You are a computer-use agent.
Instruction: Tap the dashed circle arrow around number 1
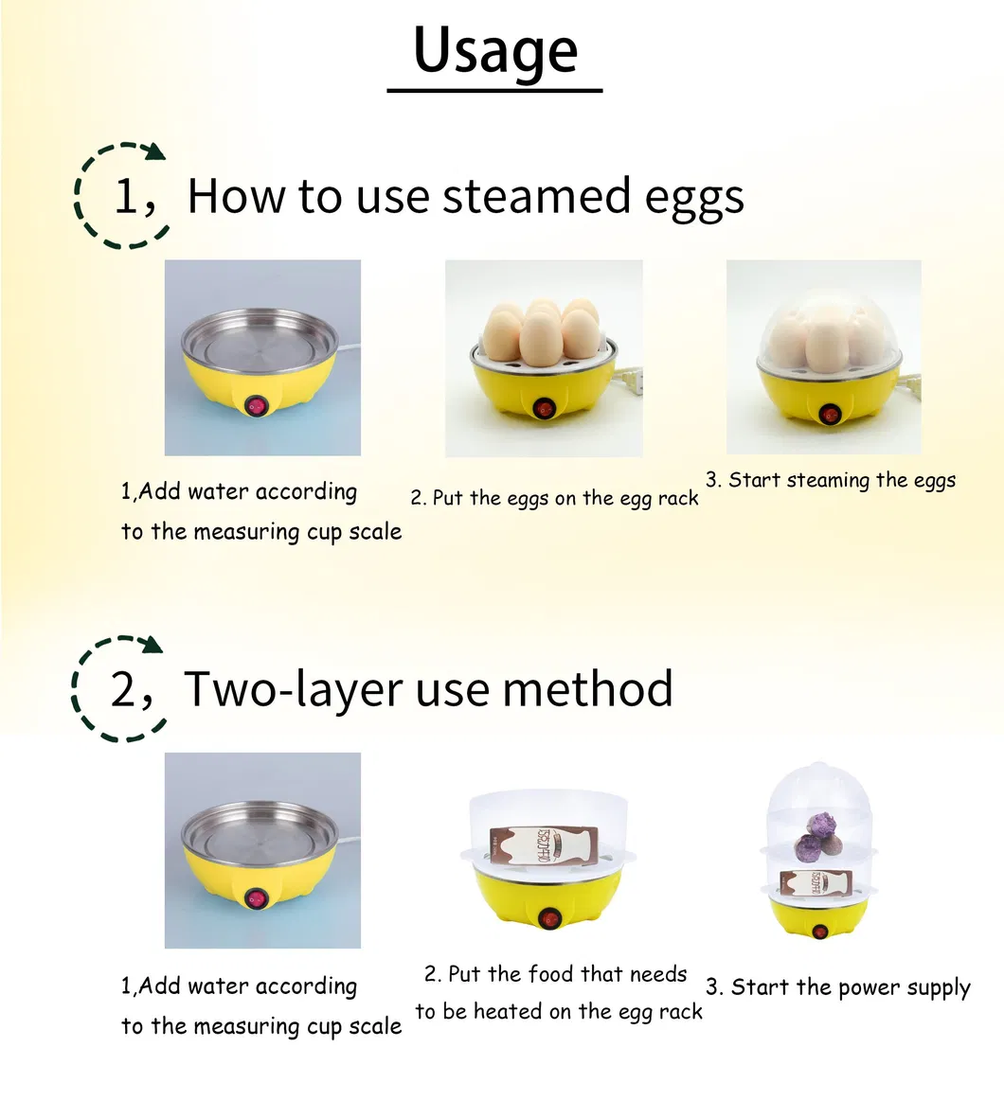[x=122, y=195]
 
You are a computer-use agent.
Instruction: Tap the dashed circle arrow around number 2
[x=119, y=688]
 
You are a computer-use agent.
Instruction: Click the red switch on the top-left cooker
[x=256, y=406]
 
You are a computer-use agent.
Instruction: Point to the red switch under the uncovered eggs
[x=544, y=408]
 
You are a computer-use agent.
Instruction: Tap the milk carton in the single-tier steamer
[x=543, y=844]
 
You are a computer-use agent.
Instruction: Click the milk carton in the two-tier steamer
[x=815, y=883]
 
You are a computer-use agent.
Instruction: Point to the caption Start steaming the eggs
[x=831, y=480]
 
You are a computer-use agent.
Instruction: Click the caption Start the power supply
[x=838, y=987]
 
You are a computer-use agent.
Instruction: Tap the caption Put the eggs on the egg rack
[x=555, y=498]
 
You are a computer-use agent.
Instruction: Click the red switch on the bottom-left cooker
[x=256, y=898]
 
